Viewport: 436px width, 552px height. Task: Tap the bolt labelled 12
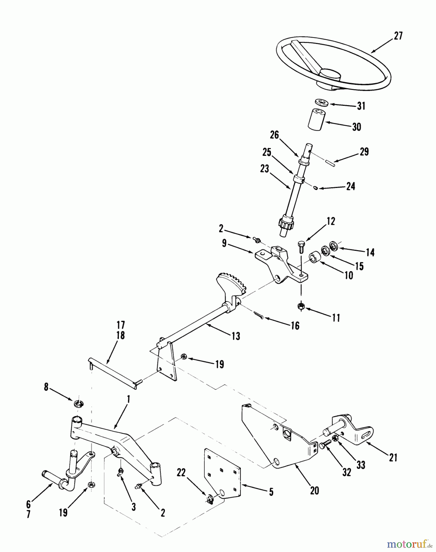[x=301, y=246]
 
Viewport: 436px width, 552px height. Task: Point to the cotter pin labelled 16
[x=258, y=315]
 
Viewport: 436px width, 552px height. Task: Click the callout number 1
[x=129, y=399]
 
